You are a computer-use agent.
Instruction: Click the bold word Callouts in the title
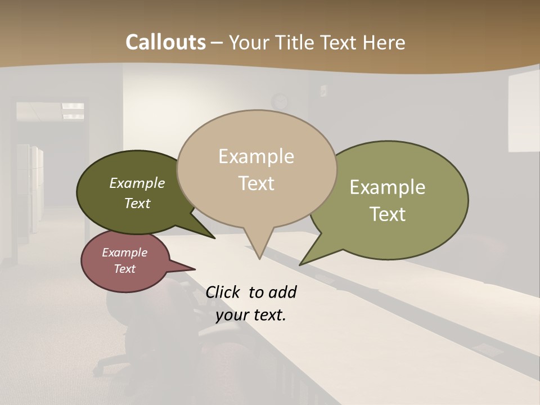click(165, 42)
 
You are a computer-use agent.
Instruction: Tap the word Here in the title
click(384, 42)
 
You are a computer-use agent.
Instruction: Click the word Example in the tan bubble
click(256, 156)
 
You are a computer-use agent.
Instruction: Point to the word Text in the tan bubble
click(256, 183)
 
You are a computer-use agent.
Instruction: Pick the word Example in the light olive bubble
click(388, 187)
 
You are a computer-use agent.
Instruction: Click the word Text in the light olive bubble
click(388, 214)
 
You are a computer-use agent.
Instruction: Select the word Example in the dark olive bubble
click(137, 183)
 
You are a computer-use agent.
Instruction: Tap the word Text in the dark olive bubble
click(137, 203)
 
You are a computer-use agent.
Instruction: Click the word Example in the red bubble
click(124, 253)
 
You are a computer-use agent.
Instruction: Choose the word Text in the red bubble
click(124, 269)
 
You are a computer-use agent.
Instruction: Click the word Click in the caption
click(223, 292)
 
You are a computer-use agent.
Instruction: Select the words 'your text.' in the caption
click(251, 315)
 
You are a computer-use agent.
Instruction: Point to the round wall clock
click(279, 102)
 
